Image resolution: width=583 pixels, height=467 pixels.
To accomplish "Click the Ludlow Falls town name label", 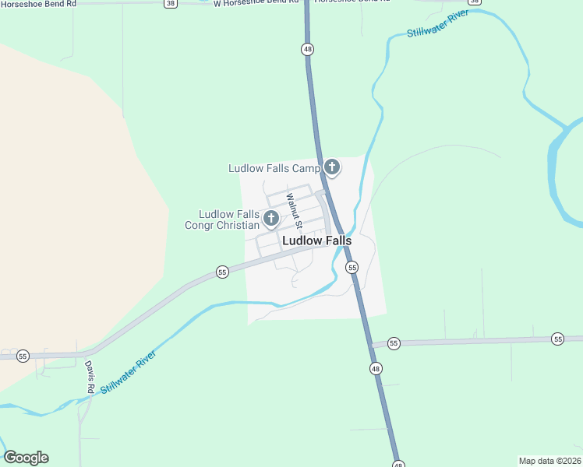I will (x=316, y=241).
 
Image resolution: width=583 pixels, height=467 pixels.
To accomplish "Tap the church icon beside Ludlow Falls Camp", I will (x=332, y=167).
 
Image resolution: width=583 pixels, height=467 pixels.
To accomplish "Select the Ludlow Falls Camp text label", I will (x=274, y=168).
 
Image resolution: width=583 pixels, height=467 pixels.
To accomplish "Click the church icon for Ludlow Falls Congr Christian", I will (x=270, y=219).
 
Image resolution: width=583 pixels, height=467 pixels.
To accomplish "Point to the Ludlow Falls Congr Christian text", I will (x=228, y=219).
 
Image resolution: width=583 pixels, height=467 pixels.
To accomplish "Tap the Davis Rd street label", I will (x=90, y=377).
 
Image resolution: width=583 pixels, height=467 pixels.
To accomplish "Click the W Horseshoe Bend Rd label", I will (x=256, y=3).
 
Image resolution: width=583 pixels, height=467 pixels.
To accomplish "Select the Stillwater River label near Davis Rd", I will (x=128, y=372).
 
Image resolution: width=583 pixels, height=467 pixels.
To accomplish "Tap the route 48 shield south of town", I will (x=376, y=368).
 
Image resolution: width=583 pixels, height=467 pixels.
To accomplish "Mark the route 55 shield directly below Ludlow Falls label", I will (x=352, y=267).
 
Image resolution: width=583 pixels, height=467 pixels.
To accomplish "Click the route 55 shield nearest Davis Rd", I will (x=23, y=355).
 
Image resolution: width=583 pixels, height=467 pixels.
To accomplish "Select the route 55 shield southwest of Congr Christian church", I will (x=222, y=272).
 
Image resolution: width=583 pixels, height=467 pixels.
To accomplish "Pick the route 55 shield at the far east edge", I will (x=557, y=339).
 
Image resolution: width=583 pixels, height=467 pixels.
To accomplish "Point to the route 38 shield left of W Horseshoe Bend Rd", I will (x=170, y=3).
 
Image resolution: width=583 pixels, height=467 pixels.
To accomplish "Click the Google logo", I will (x=26, y=458).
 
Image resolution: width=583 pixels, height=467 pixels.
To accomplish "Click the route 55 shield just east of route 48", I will (x=394, y=343).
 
